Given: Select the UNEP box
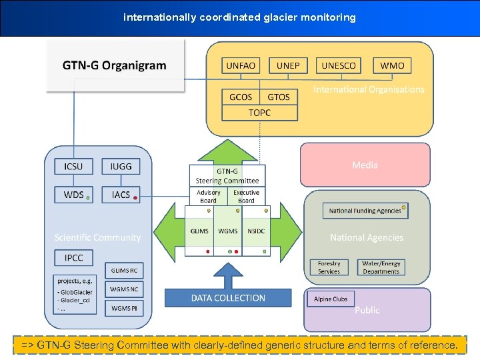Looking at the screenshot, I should coord(288,65).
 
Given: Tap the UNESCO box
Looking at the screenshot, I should coord(339,65).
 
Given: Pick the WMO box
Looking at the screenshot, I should coord(392,65).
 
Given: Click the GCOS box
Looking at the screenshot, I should coord(241,97).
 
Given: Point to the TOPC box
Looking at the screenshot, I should coord(259,113).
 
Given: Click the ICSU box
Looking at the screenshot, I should coord(73,166).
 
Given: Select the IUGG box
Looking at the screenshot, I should coord(121,166).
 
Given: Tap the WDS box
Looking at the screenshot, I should coord(73,195).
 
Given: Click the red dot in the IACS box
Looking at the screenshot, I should coord(136,198).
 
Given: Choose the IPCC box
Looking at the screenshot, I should coord(73,257).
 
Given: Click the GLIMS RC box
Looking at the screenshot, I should coord(125,271).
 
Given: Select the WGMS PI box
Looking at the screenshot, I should coord(125,308).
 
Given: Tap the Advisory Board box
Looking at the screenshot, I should coord(209,196).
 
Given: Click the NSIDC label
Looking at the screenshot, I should coord(255,231).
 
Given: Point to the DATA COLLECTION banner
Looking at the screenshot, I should coord(228,298).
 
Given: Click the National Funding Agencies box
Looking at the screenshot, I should coord(365,211).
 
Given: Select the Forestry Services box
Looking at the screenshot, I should coord(329,267).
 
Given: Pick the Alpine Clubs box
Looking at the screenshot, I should coord(331,299).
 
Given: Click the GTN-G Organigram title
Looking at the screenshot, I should coord(115,65).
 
